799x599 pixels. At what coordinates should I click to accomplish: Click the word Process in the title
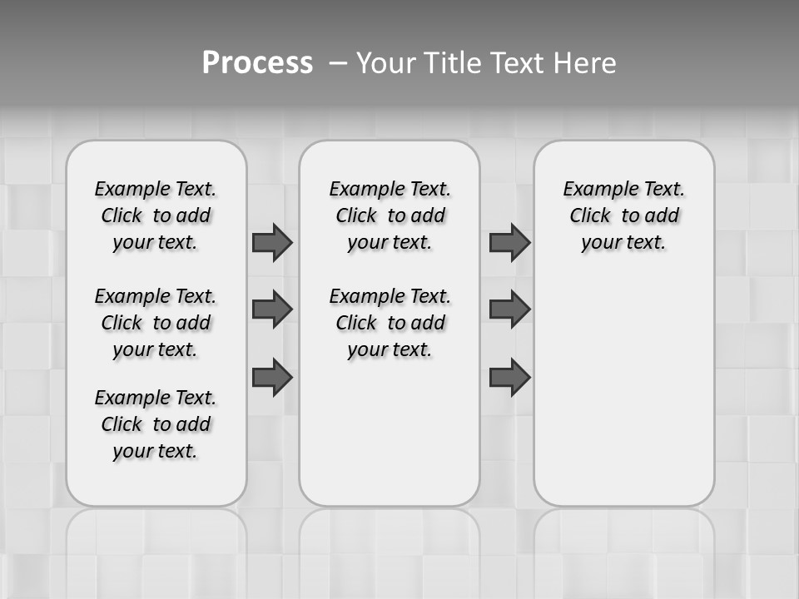coord(257,63)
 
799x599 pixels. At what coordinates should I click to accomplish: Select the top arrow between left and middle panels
coord(272,242)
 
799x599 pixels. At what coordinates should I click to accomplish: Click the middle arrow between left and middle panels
coord(272,309)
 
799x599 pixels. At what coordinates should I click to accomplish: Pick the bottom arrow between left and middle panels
coord(272,378)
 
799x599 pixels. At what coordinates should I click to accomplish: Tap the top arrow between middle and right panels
coord(509,242)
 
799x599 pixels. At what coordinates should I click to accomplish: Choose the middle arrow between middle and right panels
coord(509,309)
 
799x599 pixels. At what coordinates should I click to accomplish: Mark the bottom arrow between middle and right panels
coord(509,378)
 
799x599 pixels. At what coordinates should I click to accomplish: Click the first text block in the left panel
coord(156,215)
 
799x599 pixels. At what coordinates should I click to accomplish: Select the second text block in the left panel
coord(156,323)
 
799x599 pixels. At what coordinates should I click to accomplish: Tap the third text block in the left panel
coord(156,424)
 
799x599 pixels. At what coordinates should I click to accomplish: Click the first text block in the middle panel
coord(390,215)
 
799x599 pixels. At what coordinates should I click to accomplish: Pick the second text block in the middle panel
coord(390,323)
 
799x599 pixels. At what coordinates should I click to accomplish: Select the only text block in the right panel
coord(623,215)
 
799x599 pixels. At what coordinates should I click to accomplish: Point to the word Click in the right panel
coord(590,216)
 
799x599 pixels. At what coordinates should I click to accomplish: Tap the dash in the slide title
coord(337,63)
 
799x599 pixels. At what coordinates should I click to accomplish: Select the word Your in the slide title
coord(387,63)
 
